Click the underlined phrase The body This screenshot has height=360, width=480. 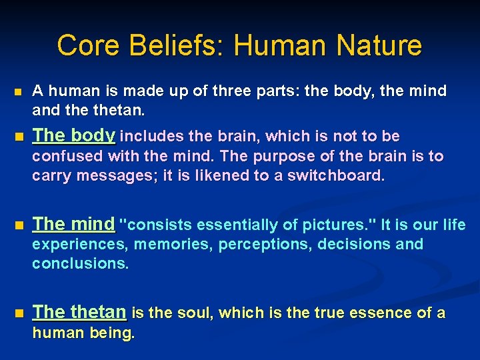pos(74,135)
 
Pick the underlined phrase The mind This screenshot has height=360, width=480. pos(73,224)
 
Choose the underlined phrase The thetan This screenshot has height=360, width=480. pos(79,312)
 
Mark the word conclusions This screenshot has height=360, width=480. pos(80,263)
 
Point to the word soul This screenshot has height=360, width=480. pos(198,313)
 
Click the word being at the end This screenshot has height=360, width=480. pos(113,332)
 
